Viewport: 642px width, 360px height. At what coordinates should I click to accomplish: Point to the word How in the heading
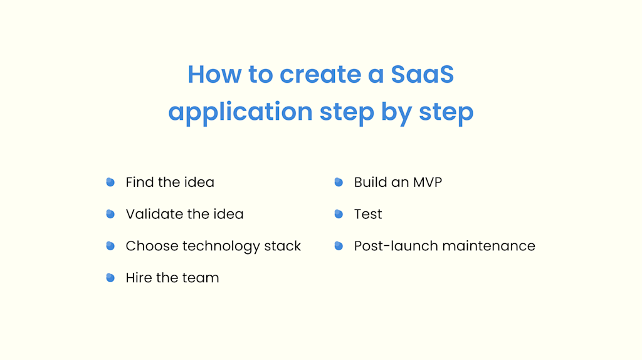point(214,75)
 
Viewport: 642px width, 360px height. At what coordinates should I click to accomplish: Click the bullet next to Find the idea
point(110,183)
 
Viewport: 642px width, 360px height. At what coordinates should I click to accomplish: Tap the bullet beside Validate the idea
point(110,214)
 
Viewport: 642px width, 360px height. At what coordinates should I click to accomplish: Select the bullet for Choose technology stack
point(110,246)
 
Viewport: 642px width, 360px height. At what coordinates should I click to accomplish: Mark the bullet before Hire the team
point(110,277)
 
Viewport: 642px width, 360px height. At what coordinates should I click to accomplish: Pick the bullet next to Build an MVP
point(339,183)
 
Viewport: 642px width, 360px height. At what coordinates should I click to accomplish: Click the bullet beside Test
point(339,214)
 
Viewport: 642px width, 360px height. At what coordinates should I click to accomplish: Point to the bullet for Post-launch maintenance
point(339,246)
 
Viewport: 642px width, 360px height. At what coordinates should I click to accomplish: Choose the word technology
point(226,246)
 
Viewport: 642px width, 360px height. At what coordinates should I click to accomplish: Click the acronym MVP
point(428,183)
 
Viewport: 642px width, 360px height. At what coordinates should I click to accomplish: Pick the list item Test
point(368,214)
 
